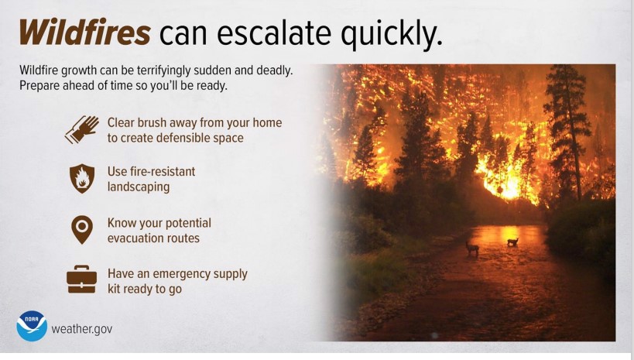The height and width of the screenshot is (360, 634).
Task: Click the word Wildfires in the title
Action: (85, 32)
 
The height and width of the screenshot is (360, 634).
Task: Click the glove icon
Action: (82, 129)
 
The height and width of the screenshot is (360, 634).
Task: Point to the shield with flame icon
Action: (82, 178)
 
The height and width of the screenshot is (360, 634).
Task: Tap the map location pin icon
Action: (82, 229)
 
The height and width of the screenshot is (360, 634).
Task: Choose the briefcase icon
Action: (82, 279)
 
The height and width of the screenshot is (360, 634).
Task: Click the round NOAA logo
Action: (32, 326)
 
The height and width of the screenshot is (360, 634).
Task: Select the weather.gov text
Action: (82, 329)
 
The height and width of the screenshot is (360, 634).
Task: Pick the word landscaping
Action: (139, 187)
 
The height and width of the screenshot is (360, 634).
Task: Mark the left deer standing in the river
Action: (472, 249)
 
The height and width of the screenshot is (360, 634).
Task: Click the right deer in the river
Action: (512, 242)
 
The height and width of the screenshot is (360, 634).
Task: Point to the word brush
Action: (152, 122)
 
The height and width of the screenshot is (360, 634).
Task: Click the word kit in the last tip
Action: (114, 290)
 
